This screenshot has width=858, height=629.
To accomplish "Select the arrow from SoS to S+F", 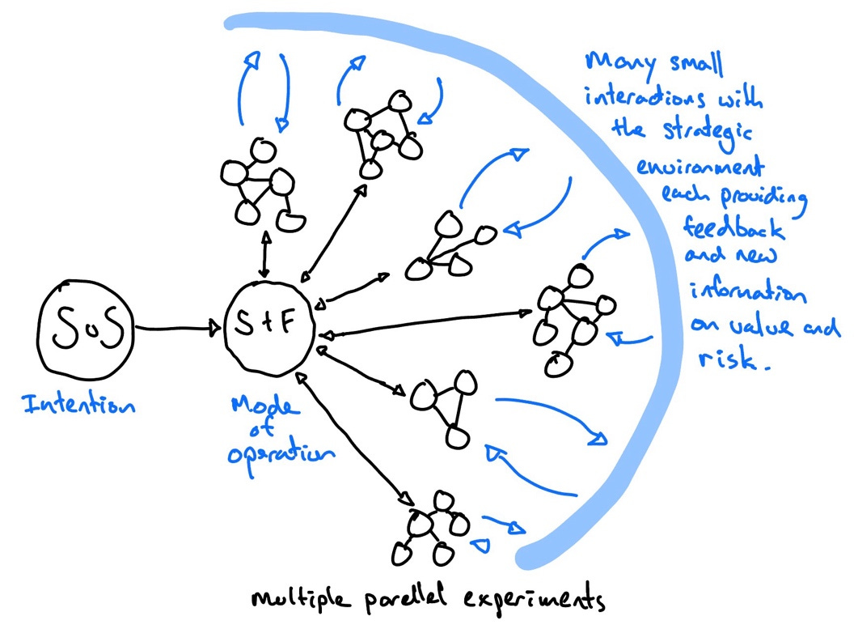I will pyautogui.click(x=178, y=329).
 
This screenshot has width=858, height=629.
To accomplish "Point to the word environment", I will pyautogui.click(x=700, y=168).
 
